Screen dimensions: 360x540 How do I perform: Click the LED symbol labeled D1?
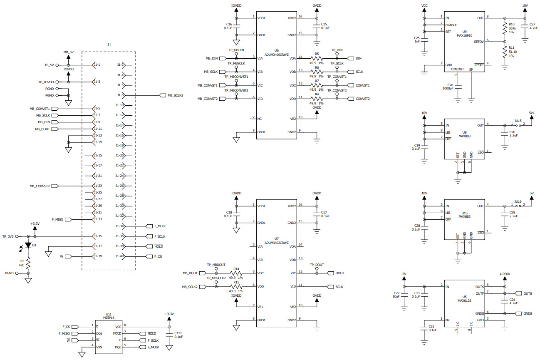(x=28, y=245)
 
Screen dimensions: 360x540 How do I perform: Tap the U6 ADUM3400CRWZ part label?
(x=276, y=52)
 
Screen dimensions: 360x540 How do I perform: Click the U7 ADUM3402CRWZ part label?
(x=276, y=240)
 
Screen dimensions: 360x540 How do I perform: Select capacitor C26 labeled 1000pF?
(x=458, y=87)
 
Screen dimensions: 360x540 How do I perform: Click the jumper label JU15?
(x=518, y=120)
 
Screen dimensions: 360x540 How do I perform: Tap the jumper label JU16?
(x=518, y=201)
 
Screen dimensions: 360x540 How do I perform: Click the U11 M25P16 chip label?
(x=109, y=316)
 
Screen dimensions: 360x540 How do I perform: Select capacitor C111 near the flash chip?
(x=169, y=335)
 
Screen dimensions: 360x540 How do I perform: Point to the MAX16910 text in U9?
(x=464, y=35)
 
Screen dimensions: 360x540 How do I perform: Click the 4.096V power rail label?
(x=505, y=274)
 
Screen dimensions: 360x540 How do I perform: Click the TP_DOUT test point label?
(x=317, y=265)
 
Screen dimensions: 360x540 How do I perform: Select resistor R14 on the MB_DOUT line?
(x=236, y=273)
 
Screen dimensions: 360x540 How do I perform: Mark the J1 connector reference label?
(x=109, y=45)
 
